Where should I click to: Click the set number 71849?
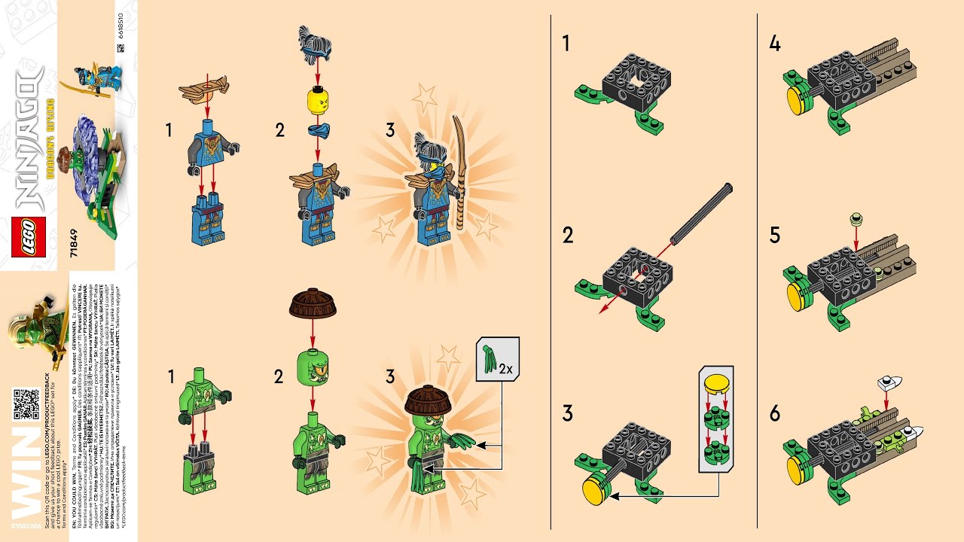click(x=73, y=243)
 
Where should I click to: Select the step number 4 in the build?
click(x=775, y=44)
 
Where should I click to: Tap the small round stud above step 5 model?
click(x=856, y=220)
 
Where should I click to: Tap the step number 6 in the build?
click(x=775, y=414)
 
